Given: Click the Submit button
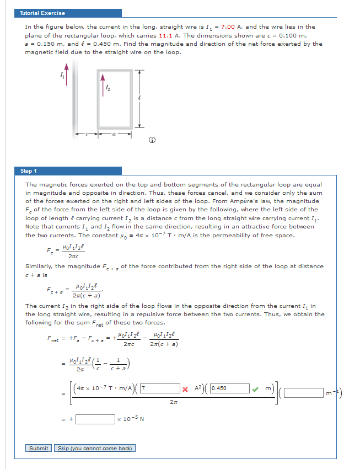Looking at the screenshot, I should tap(38, 448).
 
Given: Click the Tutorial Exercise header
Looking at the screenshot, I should tap(42, 13).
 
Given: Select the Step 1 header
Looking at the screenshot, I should tap(29, 171).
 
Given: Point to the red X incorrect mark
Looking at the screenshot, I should tap(186, 388).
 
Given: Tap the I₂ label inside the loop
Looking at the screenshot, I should tap(108, 87).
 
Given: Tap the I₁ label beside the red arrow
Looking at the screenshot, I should tap(61, 76).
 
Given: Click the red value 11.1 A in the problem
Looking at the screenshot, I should tap(158, 35).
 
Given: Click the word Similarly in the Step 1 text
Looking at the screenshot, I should tap(39, 267).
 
